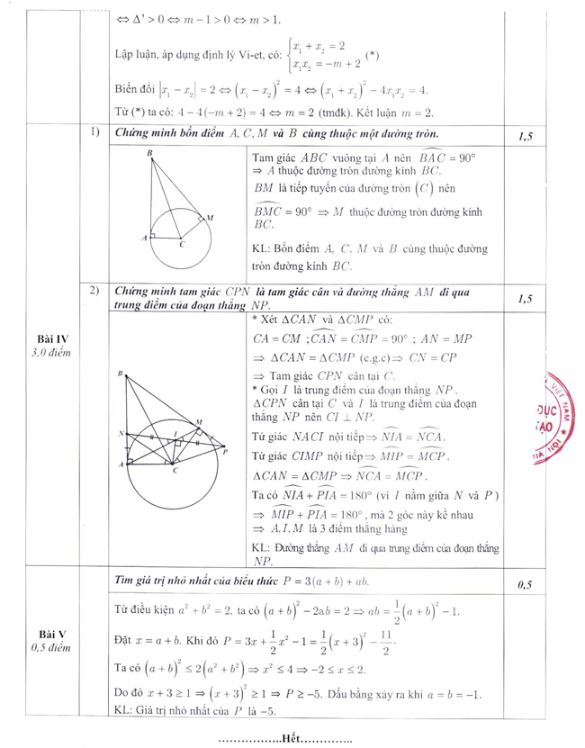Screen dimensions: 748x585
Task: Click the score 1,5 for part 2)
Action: (526, 297)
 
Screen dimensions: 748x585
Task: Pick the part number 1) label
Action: (94, 133)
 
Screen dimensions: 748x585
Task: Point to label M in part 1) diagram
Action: (210, 218)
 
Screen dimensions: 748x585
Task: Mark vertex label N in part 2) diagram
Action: (121, 433)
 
